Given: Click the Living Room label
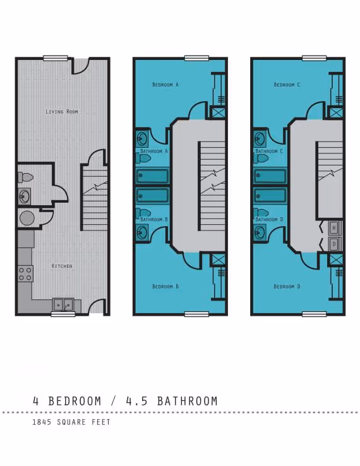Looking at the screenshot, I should point(62,112).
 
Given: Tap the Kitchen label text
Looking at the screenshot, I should point(62,266).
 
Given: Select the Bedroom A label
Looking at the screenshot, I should point(165,84).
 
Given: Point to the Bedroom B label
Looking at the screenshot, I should point(165,286).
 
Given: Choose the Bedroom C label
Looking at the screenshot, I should point(287,84).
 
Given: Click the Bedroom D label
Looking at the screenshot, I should point(287,286).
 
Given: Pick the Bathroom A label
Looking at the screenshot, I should point(154,152).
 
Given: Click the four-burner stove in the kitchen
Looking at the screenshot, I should point(25,273).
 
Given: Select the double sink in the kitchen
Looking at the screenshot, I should point(63,305).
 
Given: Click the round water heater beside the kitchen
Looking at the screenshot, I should point(27,218).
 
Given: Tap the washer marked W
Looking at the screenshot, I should point(335,227).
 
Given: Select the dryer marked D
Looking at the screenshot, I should point(335,244).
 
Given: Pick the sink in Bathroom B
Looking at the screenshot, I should point(142,232).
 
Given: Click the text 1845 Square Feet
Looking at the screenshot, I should point(71,422).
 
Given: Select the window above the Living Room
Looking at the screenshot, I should point(56,58).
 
